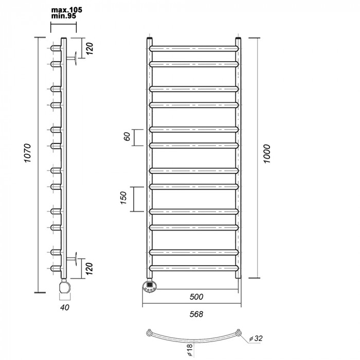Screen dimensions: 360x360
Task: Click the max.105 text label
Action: click(x=66, y=10)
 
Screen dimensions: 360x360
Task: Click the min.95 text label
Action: click(x=64, y=16)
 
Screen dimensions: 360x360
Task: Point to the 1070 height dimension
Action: click(x=27, y=153)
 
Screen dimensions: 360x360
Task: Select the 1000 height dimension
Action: click(x=267, y=154)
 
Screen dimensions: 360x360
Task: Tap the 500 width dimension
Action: click(x=196, y=297)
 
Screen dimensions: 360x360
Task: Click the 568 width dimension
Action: click(x=196, y=314)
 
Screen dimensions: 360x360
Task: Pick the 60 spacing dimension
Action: click(x=127, y=136)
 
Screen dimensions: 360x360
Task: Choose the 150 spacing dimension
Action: click(x=123, y=197)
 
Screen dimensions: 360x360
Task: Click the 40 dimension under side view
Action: click(x=64, y=307)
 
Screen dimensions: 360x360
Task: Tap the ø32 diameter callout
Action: click(x=256, y=338)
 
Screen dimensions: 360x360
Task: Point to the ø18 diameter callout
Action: click(x=190, y=350)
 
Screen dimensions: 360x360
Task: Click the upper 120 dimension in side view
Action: click(x=89, y=48)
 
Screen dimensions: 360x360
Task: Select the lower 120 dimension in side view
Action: click(x=89, y=268)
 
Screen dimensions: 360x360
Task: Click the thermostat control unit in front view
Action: click(x=150, y=286)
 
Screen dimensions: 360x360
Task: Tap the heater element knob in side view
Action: click(x=65, y=286)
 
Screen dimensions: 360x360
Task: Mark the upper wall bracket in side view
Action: click(x=71, y=58)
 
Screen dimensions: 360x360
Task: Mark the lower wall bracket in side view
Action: click(x=71, y=259)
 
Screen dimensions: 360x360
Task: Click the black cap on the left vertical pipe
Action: click(x=150, y=38)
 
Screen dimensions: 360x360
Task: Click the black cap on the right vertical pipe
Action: click(x=238, y=38)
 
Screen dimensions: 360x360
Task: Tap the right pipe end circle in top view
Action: click(x=238, y=333)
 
